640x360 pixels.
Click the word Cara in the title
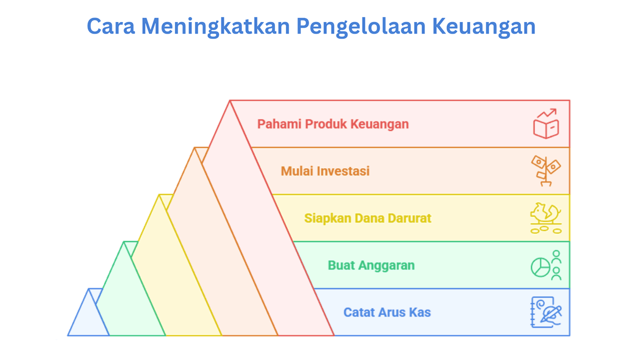point(111,26)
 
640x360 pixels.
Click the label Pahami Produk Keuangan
point(333,124)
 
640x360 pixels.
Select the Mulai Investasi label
point(325,171)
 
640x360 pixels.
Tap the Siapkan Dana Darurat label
point(367,218)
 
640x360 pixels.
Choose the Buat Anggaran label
point(371,265)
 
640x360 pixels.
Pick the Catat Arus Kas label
point(387,312)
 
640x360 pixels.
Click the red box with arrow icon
point(546,123)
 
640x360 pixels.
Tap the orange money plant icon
point(546,171)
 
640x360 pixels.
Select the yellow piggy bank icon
point(546,218)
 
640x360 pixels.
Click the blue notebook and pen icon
point(546,312)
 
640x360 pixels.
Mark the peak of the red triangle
point(229,100)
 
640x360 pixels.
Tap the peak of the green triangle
point(123,241)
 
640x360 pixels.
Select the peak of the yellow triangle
point(159,195)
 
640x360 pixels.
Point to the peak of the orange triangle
point(194,147)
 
